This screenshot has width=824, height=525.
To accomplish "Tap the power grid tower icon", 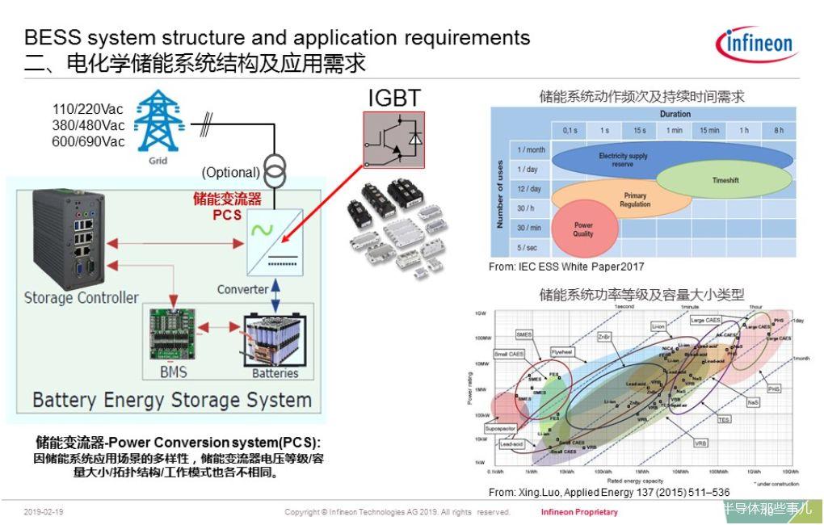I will (158, 123).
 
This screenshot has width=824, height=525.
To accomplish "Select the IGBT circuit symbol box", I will (393, 138).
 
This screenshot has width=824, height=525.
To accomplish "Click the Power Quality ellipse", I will (583, 229).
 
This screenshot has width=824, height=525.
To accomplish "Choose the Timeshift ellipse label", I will (725, 181).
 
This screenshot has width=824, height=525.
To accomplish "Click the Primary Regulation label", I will (635, 199).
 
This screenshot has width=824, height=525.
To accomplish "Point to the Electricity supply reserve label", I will (623, 159).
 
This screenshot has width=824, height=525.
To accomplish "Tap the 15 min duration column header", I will (709, 131).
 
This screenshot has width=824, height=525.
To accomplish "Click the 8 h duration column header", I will (778, 131).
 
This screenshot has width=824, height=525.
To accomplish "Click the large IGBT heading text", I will (394, 98).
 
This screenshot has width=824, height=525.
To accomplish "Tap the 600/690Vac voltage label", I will (89, 141).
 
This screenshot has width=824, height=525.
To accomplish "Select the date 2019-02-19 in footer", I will (44, 512).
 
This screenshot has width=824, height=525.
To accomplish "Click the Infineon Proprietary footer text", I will (579, 512).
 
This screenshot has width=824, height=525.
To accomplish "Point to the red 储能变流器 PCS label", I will (227, 207).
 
